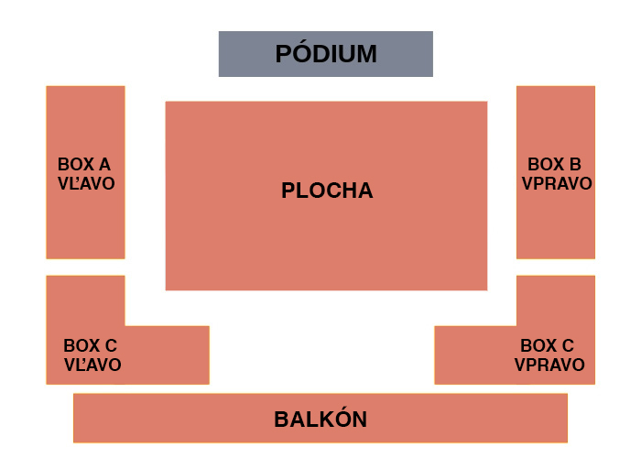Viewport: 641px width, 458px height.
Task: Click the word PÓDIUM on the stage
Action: pos(326,53)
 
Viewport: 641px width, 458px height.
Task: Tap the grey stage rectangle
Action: pos(326,54)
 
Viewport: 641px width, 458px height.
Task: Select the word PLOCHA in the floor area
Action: pos(327,191)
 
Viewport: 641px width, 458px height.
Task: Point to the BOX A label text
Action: pos(84,164)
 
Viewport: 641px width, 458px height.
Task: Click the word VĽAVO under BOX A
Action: pos(86,183)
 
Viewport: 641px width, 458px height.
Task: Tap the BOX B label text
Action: pos(554,164)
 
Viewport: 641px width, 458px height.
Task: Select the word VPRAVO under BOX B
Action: pos(557,183)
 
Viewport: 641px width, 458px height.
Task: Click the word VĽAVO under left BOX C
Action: pos(92,365)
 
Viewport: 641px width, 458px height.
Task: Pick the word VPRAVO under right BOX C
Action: pos(549,365)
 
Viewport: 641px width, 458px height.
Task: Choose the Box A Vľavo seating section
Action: pos(85,172)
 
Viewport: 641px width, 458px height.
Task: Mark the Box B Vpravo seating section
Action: pos(556,172)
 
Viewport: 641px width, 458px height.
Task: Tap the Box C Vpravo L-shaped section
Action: pos(556,355)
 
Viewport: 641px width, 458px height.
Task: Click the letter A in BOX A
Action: pos(104,164)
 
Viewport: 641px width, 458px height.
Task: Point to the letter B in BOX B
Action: pos(575,164)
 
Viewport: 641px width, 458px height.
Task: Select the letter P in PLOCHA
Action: pos(288,191)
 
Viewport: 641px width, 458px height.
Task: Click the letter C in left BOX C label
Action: pos(111,345)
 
